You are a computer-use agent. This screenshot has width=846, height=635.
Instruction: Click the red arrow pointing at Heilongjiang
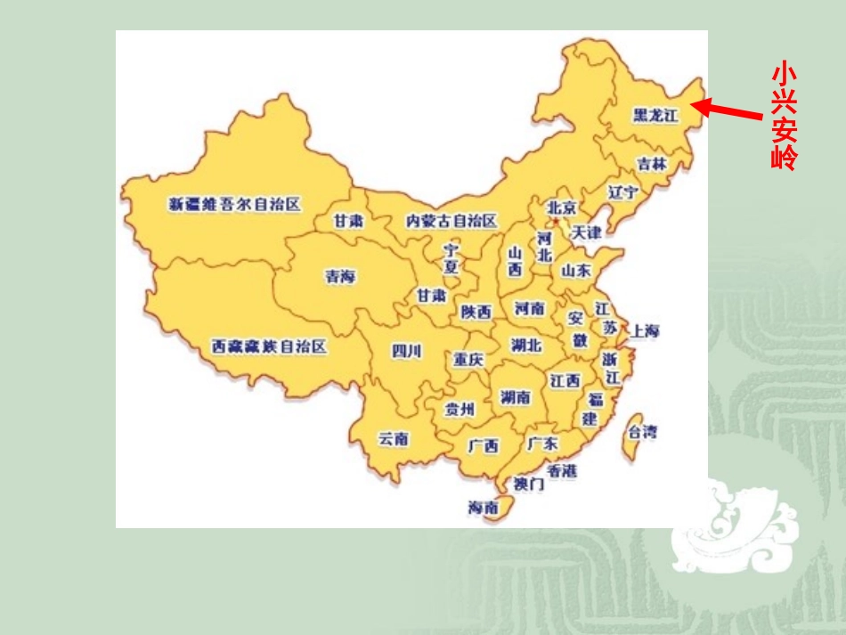click(x=728, y=110)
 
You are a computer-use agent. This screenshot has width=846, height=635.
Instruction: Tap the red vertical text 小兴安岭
click(x=784, y=116)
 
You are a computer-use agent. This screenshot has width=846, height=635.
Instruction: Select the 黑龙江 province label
click(x=655, y=115)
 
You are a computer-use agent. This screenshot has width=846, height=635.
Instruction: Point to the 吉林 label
click(x=652, y=164)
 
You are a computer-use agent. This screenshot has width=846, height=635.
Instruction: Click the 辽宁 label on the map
click(x=622, y=191)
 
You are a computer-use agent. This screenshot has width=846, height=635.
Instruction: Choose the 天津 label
click(x=586, y=232)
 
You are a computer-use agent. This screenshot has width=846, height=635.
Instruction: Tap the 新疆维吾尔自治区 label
click(x=235, y=204)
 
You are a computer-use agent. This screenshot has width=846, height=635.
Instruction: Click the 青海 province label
click(x=340, y=277)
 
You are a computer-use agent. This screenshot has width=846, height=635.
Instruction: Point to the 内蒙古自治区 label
click(x=451, y=220)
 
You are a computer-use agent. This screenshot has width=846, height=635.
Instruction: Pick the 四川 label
click(x=406, y=351)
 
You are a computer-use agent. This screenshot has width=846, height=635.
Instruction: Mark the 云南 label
click(x=394, y=438)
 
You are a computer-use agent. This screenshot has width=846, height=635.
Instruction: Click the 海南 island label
click(x=484, y=507)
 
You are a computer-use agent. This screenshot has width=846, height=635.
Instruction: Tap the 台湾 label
click(x=643, y=432)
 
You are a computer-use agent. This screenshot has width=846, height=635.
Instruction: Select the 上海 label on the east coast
click(x=645, y=330)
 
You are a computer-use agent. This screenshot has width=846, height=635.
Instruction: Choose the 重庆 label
click(x=468, y=360)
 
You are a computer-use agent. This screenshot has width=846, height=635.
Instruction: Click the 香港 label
click(x=562, y=470)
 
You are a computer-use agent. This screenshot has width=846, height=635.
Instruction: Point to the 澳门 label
click(x=528, y=484)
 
